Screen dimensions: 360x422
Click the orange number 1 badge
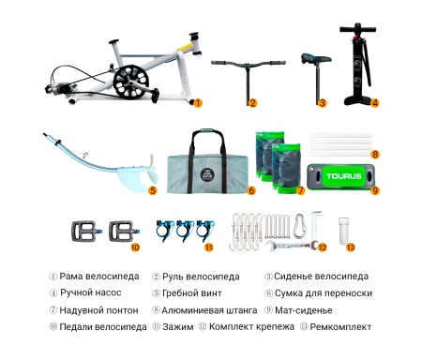pyautogui.click(x=198, y=102)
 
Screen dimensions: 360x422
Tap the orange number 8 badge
pyautogui.click(x=375, y=154)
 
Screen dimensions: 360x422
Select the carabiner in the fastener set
pyautogui.click(x=299, y=225)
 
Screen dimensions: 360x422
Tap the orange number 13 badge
pyautogui.click(x=351, y=248)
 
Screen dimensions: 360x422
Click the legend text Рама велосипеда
pyautogui.click(x=98, y=277)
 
